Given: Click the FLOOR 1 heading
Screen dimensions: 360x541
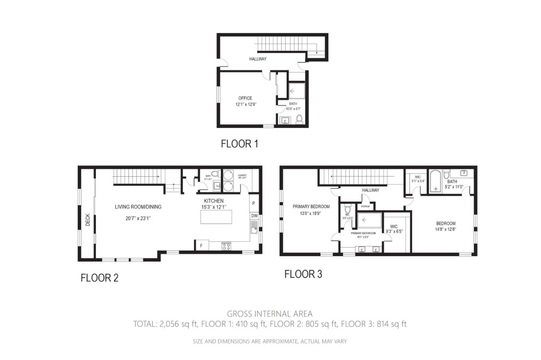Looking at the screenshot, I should coord(239,144).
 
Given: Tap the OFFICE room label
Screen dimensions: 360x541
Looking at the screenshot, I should coord(245,98).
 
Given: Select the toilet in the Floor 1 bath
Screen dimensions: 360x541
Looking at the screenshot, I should coord(299,119).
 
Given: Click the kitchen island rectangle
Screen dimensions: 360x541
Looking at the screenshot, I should coord(216,217).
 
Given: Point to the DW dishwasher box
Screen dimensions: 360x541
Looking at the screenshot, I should coord(254,216).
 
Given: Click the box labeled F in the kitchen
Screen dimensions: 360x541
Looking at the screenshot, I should coord(201,246).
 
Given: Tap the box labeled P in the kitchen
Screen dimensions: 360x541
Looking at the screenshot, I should coord(254,203).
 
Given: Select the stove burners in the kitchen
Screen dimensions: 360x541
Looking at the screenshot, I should coord(226,247).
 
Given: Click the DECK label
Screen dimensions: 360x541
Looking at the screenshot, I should coord(88,220).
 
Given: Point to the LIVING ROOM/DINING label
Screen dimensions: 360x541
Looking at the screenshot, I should coord(138,207).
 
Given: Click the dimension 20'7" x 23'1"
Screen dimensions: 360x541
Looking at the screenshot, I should coord(138,218).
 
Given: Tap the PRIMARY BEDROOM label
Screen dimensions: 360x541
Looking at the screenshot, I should coord(311,206).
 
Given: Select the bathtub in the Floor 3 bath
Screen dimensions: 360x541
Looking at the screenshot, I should coord(435,182).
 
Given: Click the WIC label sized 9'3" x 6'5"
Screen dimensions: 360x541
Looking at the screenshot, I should coord(394,226).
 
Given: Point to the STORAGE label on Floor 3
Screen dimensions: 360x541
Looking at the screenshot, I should coord(365,206).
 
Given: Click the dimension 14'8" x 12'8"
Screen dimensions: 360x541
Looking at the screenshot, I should coord(446,229).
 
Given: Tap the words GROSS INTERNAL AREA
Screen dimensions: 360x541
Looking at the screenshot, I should coord(269,314).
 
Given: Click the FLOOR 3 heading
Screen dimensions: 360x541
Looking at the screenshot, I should coord(303,274).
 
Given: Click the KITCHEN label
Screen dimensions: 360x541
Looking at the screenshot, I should coord(214,201).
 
